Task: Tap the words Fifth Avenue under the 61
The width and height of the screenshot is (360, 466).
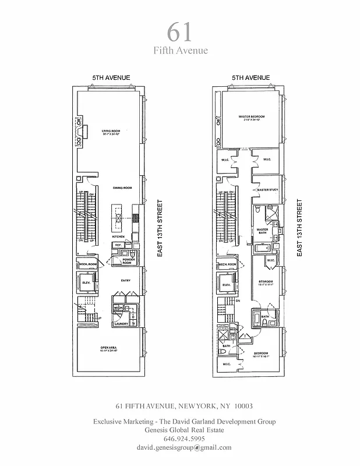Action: (x=180, y=50)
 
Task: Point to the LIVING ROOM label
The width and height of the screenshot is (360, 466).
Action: (x=111, y=130)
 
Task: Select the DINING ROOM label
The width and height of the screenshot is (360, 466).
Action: (x=123, y=188)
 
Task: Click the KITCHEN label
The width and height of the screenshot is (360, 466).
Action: (x=119, y=237)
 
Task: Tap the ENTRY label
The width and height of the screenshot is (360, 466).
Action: (x=125, y=281)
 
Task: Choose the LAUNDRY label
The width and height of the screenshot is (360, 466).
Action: (x=121, y=323)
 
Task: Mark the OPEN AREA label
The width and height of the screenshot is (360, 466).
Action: (x=110, y=349)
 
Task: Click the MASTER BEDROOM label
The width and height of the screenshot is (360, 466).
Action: (x=252, y=117)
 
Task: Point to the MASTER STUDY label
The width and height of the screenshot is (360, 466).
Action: (x=267, y=190)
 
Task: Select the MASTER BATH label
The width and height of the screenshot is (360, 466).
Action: (x=262, y=231)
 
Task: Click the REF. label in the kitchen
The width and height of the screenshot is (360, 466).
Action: (x=118, y=245)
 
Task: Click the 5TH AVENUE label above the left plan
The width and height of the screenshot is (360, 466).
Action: (x=111, y=77)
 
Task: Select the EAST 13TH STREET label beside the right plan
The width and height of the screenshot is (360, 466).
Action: (x=300, y=228)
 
